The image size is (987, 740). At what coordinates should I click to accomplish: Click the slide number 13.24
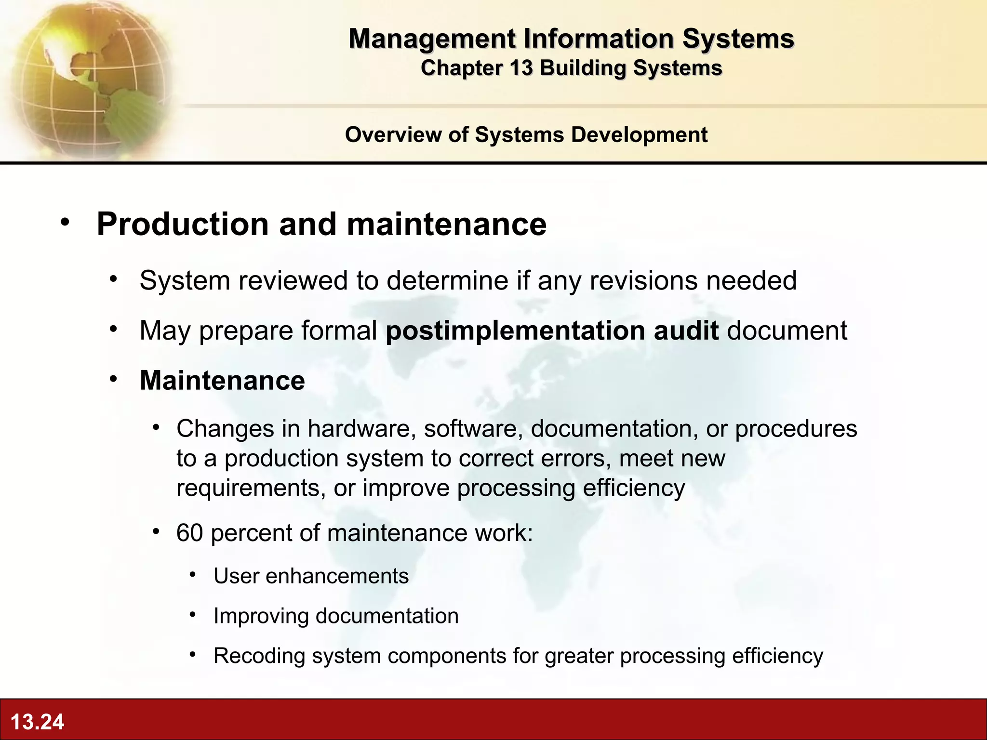point(37,722)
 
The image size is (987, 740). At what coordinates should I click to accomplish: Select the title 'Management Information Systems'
point(571,39)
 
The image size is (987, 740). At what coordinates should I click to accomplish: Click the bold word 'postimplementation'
point(515,331)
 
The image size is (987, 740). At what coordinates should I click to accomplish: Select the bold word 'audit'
point(686,331)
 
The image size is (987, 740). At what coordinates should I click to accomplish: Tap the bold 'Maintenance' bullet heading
point(222,380)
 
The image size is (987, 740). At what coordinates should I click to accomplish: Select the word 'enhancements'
point(337,576)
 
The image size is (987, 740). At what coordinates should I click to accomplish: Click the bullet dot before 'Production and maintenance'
point(65,223)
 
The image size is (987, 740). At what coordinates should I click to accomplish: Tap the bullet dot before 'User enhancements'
point(193,574)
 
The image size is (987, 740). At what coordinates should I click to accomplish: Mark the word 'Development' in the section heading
point(639,135)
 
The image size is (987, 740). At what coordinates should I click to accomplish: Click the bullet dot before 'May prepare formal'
point(113,330)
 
